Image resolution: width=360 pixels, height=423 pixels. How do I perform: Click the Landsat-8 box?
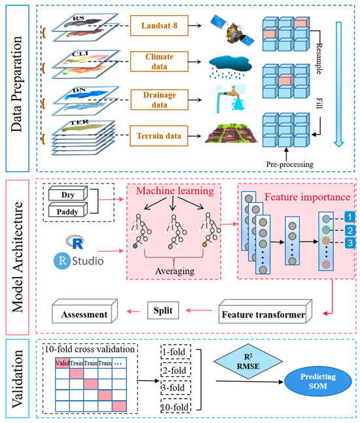point(159,26)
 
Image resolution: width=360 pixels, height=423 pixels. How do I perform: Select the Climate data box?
point(159,62)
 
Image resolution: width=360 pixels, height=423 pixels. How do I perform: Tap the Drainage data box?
point(159,100)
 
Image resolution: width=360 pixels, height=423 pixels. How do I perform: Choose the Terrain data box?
point(159,136)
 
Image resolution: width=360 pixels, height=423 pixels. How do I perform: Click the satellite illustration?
point(232,30)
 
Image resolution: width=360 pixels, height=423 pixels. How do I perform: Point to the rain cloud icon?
point(230,67)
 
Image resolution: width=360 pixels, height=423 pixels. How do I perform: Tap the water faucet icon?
point(230,98)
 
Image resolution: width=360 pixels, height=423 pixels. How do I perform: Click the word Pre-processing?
point(289,164)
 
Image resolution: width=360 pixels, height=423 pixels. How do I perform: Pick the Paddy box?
point(68,210)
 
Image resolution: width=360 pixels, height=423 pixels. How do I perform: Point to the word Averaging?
point(175,271)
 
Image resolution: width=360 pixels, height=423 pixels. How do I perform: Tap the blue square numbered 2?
point(350,230)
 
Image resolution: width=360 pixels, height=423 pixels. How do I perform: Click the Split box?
point(163,310)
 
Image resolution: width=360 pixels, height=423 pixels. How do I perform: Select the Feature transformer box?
point(265,312)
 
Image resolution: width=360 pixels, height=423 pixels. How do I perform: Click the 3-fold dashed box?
point(175,388)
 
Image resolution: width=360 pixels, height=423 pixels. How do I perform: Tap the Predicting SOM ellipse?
point(318,381)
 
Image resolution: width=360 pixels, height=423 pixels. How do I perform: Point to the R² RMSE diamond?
point(248,361)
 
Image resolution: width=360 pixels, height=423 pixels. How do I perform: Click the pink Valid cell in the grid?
point(62,363)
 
